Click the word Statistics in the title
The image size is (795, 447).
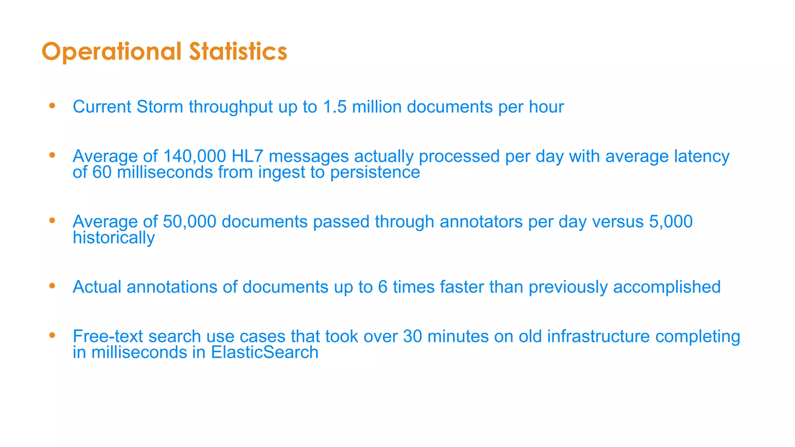[238, 52]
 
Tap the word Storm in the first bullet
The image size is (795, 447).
[160, 107]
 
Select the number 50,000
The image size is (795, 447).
[189, 222]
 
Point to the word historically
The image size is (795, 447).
[114, 237]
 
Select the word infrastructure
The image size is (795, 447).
[598, 336]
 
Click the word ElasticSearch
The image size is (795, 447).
[265, 352]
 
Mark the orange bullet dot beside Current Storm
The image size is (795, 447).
[52, 106]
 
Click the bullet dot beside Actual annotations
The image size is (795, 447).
[52, 286]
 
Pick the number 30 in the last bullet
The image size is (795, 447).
[412, 336]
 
